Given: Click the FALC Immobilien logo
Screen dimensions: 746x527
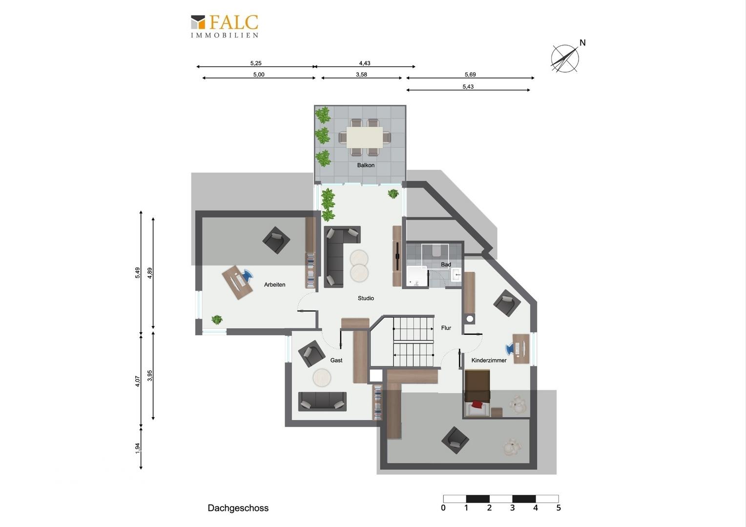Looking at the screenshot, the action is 225,26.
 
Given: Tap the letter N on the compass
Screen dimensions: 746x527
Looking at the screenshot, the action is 582,42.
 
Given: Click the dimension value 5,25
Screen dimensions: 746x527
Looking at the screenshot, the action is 256,63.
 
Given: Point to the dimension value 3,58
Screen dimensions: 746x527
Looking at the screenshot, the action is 361,75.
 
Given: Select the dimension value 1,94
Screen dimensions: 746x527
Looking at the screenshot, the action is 138,448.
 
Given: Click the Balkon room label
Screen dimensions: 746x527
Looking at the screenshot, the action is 366,165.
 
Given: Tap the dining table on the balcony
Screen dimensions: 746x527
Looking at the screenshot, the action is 364,137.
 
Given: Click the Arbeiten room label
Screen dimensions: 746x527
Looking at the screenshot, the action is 274,284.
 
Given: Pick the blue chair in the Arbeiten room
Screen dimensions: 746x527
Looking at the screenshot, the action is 247,275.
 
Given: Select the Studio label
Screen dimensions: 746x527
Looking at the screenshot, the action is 366,298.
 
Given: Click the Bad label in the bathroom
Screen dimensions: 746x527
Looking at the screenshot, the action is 446,264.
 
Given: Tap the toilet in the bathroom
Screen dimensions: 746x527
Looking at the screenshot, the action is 436,251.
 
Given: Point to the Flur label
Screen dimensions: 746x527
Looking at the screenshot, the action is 446,328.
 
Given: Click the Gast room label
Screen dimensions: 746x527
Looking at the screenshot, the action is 336,360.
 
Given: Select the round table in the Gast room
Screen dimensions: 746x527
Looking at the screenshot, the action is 322,378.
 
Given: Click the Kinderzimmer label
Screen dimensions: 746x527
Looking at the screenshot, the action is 489,360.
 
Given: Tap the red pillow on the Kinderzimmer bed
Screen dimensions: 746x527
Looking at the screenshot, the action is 477,404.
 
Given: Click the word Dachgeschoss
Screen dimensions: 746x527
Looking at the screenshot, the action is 238,508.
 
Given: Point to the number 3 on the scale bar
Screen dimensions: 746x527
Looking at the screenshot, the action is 512,508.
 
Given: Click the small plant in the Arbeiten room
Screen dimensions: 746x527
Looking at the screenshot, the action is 217,320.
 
